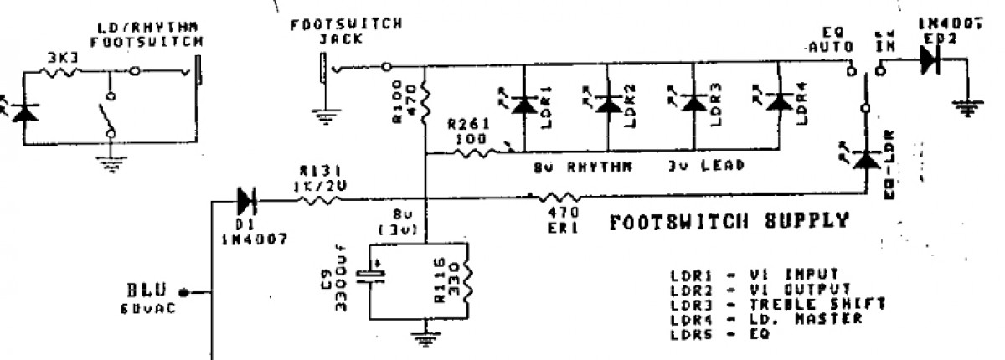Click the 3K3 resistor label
(x=63, y=59)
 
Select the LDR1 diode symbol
(x=524, y=104)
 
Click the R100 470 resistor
(x=425, y=102)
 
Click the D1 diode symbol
(x=245, y=200)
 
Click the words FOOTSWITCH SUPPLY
(x=729, y=223)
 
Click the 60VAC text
(x=148, y=308)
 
